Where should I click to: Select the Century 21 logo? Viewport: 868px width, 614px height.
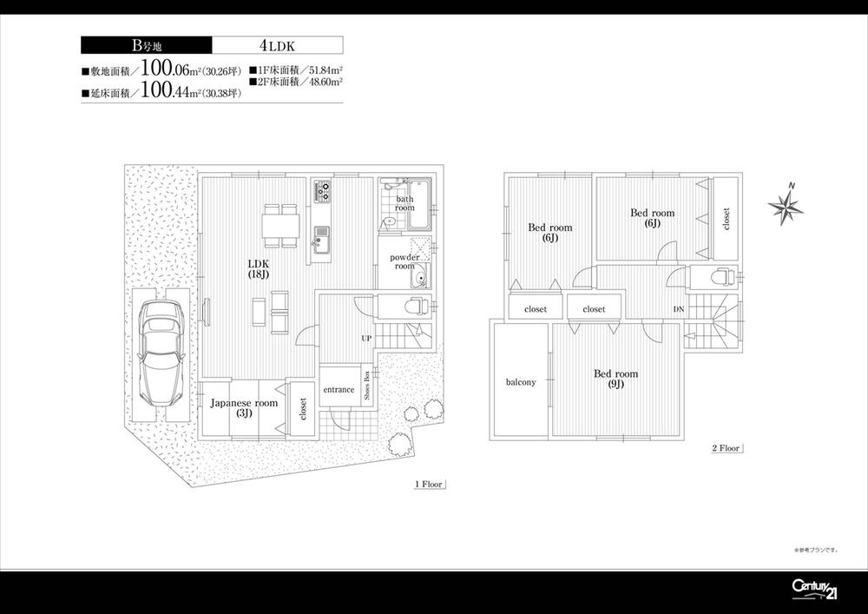click(816, 589)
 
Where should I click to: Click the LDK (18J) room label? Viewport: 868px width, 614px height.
click(259, 268)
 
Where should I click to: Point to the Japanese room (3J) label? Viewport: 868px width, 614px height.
click(244, 407)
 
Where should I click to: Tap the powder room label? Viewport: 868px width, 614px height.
click(404, 261)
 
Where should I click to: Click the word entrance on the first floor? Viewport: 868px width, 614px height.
click(339, 390)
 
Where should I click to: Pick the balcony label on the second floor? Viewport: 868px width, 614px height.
click(521, 382)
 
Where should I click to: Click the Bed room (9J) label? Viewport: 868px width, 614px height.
click(615, 379)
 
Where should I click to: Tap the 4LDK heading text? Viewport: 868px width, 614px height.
click(276, 46)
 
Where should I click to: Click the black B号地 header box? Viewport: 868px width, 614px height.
click(145, 46)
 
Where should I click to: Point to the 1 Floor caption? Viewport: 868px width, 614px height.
click(429, 485)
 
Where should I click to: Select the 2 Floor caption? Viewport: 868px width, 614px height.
click(726, 448)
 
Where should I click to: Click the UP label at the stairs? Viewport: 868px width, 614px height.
click(367, 338)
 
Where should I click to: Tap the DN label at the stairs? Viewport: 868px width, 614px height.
click(678, 309)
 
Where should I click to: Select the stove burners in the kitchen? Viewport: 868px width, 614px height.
click(322, 189)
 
